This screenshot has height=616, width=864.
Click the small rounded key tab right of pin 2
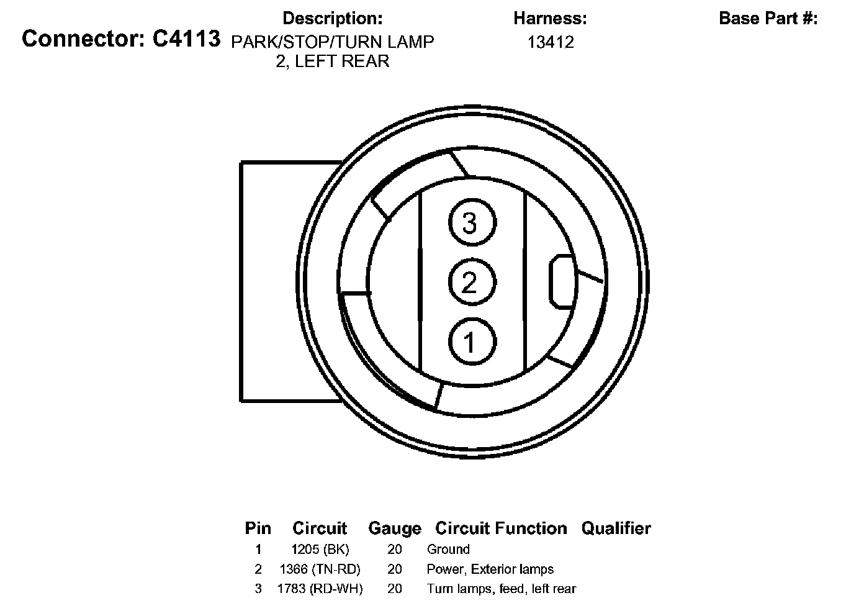click(x=561, y=281)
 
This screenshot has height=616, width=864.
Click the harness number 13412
click(x=551, y=42)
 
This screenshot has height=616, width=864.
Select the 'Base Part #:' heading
click(x=768, y=19)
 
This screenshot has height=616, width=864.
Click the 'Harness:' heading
click(x=550, y=19)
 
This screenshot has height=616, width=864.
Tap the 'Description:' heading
click(x=333, y=19)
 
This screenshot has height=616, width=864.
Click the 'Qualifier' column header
click(x=616, y=528)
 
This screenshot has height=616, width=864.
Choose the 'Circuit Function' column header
click(x=501, y=528)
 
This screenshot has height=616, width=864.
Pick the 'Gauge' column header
click(x=395, y=528)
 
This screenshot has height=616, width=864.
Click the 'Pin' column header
click(x=258, y=528)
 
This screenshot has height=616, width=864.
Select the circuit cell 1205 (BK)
click(x=320, y=549)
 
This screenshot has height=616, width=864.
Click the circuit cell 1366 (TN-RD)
click(x=320, y=569)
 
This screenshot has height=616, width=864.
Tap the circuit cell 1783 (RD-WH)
click(x=320, y=589)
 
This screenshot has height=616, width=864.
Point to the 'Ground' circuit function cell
click(x=448, y=549)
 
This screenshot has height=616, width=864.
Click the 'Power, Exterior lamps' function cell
click(x=490, y=569)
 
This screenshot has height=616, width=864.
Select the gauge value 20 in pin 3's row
click(x=395, y=589)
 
